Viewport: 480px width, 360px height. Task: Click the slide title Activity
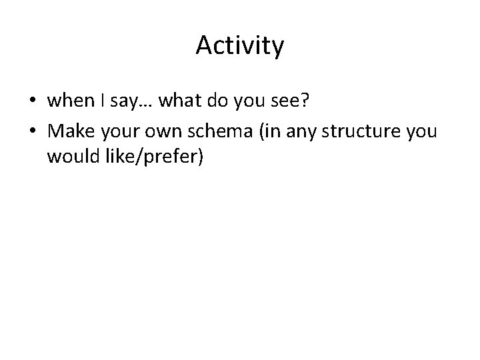tap(240, 46)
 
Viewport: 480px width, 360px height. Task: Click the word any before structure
tap(302, 130)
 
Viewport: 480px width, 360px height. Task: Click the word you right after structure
tap(421, 130)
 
